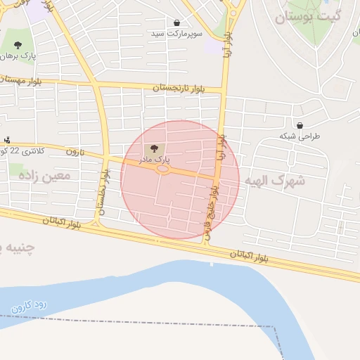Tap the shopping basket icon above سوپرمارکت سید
[x=176, y=22]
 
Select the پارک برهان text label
[x=18, y=55]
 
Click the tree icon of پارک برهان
[x=18, y=45]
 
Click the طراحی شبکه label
[x=299, y=136]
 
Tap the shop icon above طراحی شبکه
[x=300, y=126]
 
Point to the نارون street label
[x=75, y=151]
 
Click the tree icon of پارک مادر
[x=155, y=148]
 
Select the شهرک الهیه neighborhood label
[x=275, y=181]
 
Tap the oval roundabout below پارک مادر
[x=162, y=169]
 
